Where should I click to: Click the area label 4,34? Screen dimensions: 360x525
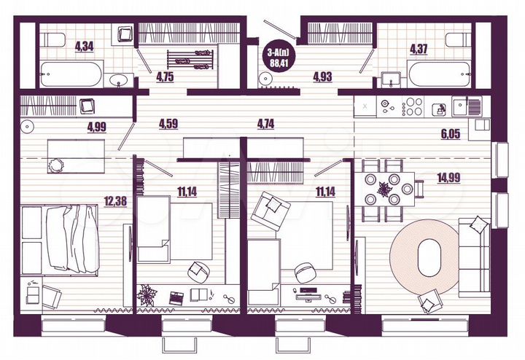coord(84,48)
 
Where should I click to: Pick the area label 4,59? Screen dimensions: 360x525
coord(169,123)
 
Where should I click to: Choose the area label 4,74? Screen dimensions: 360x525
coord(267,123)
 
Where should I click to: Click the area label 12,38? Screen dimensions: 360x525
coord(115,200)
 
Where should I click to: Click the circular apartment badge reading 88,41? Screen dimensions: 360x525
coord(278,55)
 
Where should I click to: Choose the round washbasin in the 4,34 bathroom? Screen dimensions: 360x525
coord(118,79)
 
